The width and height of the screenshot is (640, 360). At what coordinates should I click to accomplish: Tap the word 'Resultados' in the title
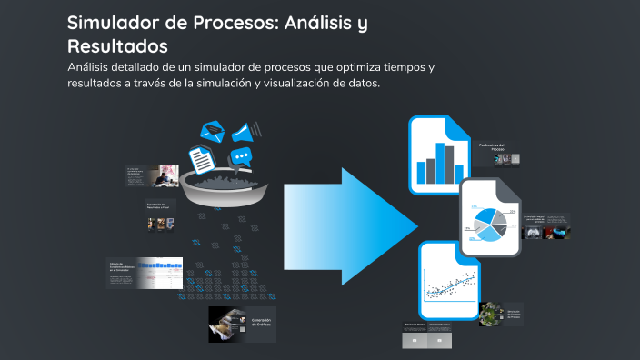click(x=117, y=45)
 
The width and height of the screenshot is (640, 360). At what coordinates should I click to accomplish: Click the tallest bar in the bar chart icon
click(x=445, y=164)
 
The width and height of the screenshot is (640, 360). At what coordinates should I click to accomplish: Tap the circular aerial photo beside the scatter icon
click(x=490, y=314)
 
